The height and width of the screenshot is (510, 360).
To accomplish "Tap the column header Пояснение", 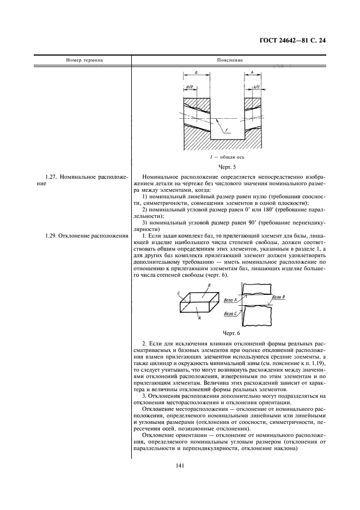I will [x=229, y=60].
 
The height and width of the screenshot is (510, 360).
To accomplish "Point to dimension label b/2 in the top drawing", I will [x=257, y=86].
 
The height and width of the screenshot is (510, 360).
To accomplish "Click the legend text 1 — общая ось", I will [x=224, y=157].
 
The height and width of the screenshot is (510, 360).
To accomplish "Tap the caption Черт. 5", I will [x=224, y=167].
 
